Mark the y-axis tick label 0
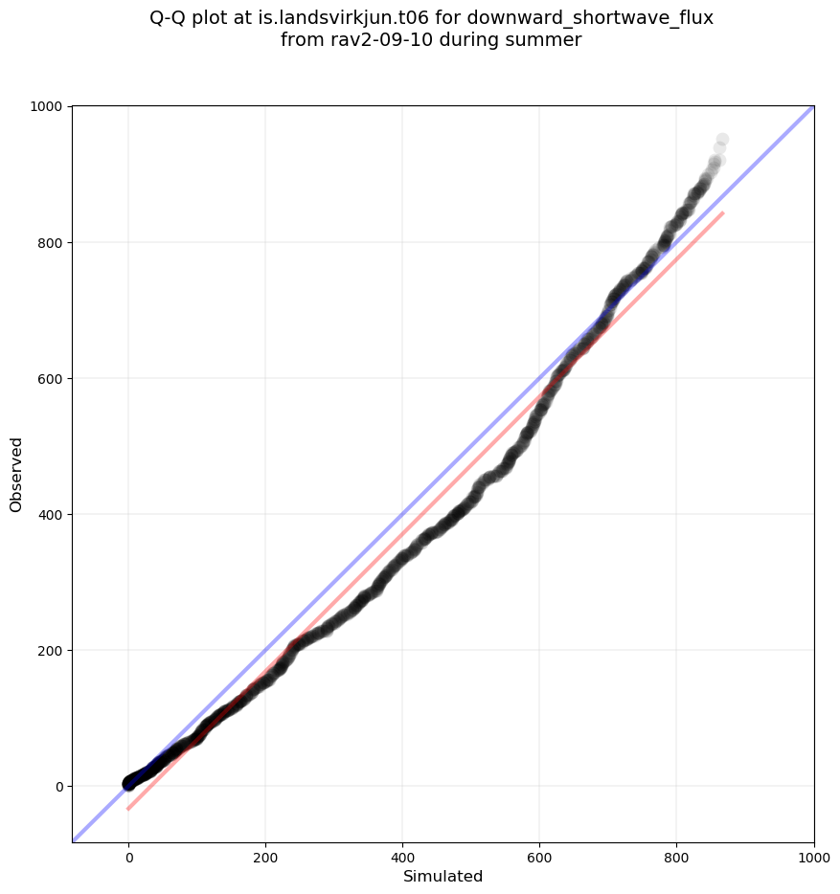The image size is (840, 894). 60,787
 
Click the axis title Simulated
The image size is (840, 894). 443,877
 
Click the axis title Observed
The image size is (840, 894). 16,475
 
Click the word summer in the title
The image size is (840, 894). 547,40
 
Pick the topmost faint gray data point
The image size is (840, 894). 722,140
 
